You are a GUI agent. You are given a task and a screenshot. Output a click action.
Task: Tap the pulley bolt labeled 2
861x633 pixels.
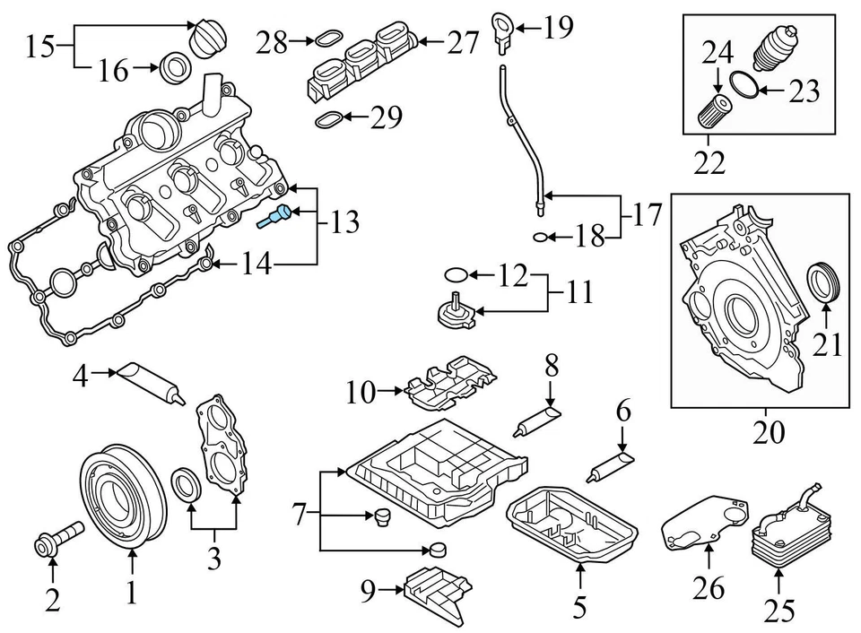tap(57, 536)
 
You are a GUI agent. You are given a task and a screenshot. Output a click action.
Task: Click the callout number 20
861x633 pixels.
tap(770, 432)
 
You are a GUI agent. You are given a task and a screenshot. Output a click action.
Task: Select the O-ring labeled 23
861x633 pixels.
tap(744, 86)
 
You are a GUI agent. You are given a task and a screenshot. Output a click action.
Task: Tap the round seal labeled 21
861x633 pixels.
tap(825, 282)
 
